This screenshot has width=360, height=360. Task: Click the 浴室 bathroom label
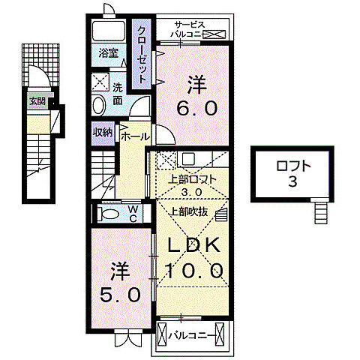tap(108, 53)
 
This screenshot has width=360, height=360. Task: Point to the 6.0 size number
tap(197, 108)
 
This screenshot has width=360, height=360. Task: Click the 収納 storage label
tap(103, 131)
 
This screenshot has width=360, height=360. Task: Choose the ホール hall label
tap(133, 136)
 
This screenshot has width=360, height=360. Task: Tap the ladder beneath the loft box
tap(321, 212)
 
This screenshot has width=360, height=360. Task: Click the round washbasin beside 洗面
tap(100, 103)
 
